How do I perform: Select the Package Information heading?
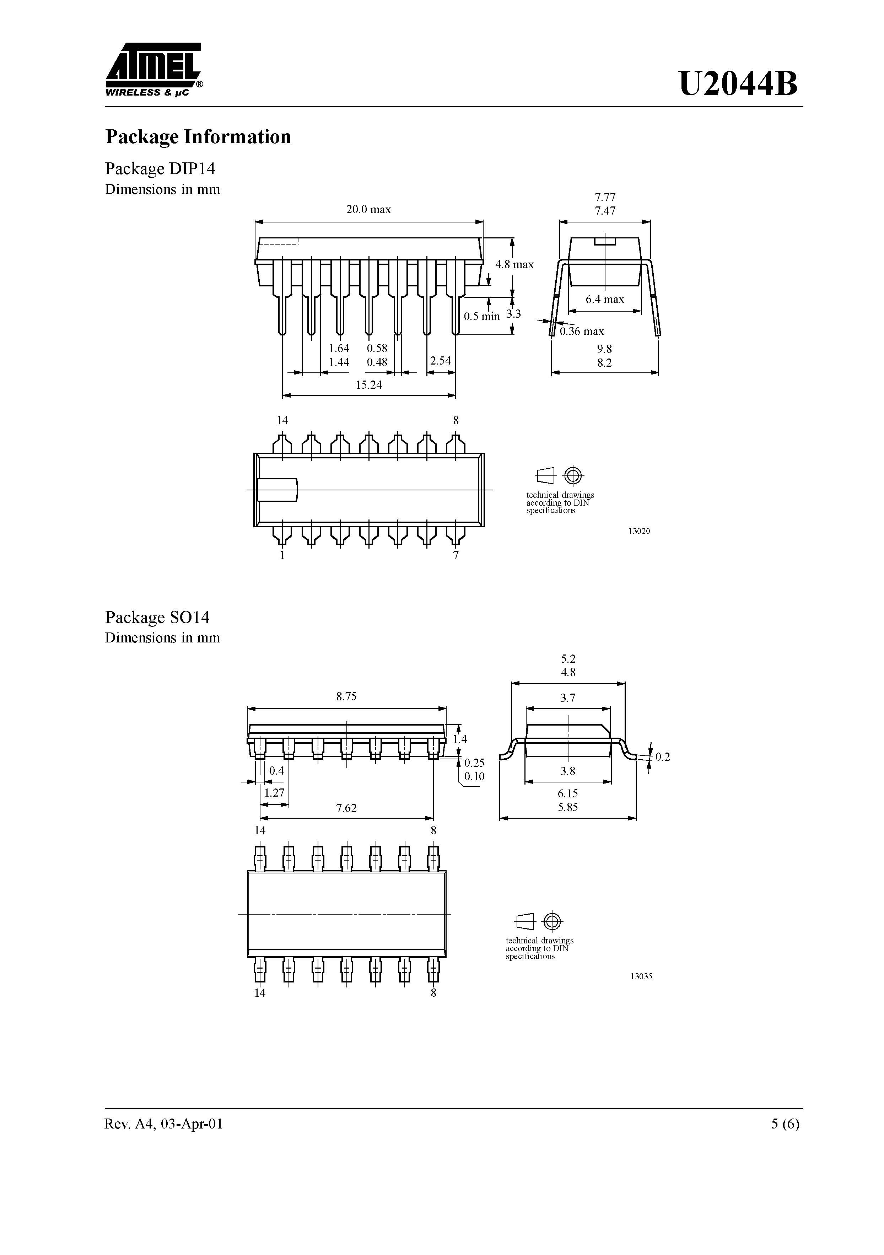(x=198, y=137)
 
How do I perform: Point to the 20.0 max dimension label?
(x=368, y=209)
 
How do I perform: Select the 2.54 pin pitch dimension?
(x=441, y=361)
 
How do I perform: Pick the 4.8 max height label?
(x=514, y=265)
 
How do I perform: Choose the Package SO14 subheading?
(x=157, y=617)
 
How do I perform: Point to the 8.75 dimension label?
(x=346, y=696)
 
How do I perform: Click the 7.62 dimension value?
(x=346, y=808)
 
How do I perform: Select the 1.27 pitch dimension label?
(x=274, y=793)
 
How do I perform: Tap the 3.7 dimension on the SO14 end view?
(x=568, y=698)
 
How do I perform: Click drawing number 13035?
(x=641, y=976)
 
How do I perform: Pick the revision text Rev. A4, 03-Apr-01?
(x=164, y=1124)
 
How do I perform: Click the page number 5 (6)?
(x=785, y=1124)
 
